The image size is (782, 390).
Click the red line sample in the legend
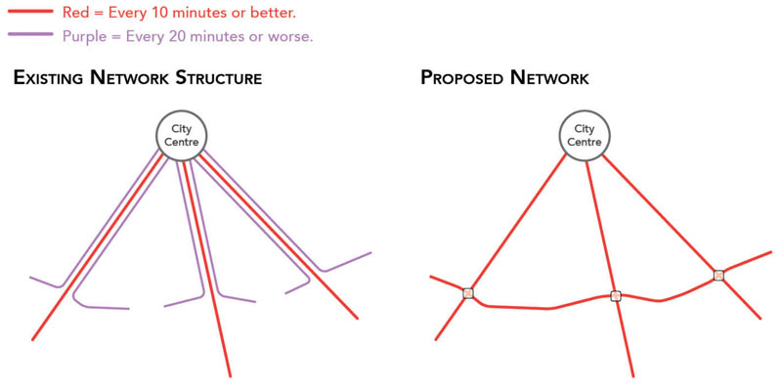click(x=30, y=11)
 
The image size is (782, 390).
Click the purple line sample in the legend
click(x=30, y=33)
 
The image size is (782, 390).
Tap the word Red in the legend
click(x=72, y=12)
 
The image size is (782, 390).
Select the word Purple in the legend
click(x=81, y=37)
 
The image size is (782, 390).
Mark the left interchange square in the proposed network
click(x=468, y=293)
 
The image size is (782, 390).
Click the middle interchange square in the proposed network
click(x=616, y=296)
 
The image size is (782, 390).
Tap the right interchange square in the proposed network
click(x=718, y=275)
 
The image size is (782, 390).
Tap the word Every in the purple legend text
click(x=142, y=37)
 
